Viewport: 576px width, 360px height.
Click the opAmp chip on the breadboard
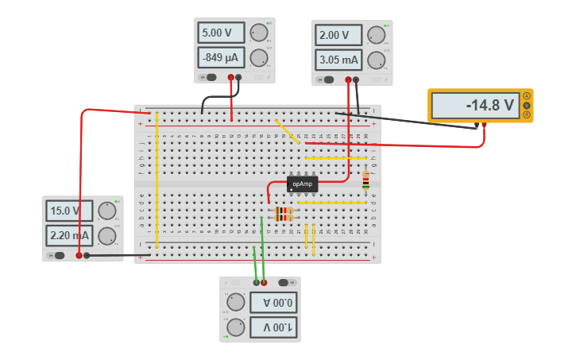302,184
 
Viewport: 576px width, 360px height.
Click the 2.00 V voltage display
338,35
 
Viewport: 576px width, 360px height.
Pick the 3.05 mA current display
338,60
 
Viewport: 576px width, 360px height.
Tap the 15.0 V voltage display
68,211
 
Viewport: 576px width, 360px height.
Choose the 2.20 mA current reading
68,235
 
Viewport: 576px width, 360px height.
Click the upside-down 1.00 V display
274,327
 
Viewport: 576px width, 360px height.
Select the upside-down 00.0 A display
274,302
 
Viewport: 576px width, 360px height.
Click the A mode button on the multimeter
526,96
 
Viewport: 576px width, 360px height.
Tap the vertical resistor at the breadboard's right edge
365,181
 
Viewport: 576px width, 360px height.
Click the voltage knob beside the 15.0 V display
106,211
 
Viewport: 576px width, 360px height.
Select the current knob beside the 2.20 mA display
106,236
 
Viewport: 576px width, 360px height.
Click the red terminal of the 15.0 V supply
79,256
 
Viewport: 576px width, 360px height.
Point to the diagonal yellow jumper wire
288,132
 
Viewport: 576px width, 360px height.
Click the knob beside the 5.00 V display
258,33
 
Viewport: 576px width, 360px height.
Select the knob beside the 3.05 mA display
377,60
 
